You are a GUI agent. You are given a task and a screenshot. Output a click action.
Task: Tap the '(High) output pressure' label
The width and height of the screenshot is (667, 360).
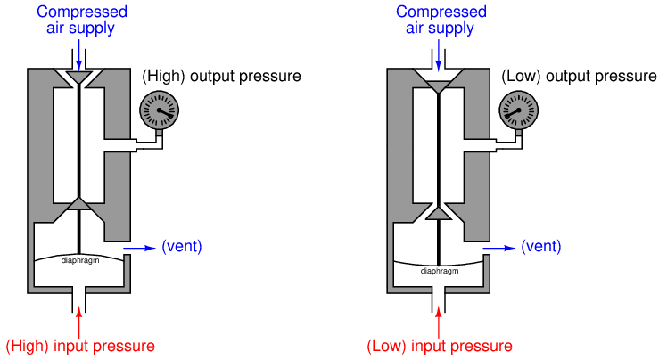221,77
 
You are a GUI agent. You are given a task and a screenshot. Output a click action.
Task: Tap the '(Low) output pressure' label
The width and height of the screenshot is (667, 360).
579,77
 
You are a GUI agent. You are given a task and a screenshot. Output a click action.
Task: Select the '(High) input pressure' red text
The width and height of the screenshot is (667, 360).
80,346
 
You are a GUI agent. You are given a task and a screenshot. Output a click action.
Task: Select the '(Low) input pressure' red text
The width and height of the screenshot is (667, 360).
440,346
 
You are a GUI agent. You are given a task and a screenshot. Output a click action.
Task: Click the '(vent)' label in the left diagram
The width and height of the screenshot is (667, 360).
182,247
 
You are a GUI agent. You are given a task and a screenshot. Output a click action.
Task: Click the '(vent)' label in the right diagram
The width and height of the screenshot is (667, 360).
540,247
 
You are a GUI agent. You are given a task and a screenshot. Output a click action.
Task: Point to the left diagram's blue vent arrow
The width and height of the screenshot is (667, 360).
138,247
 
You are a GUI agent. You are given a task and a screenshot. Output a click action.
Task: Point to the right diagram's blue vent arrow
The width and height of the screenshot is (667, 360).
498,247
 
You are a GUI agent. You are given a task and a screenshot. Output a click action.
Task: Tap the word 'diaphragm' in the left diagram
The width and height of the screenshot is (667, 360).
79,260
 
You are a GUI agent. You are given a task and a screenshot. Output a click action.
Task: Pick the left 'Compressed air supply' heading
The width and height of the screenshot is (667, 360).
82,20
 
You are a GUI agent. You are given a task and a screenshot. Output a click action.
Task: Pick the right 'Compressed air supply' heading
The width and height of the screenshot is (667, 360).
441,20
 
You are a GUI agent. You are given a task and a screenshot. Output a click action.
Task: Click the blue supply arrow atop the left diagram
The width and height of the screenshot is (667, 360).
80,55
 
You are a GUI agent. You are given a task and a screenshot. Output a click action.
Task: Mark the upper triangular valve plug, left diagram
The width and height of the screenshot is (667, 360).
80,78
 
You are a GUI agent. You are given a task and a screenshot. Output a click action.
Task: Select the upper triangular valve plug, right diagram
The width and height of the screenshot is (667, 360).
439,86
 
